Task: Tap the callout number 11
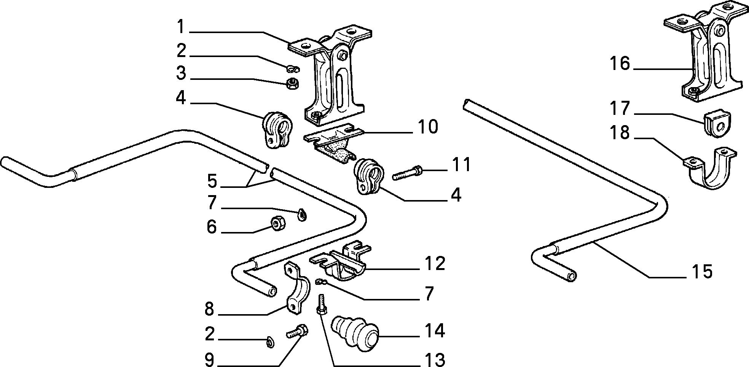coord(462,165)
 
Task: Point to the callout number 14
coord(434,330)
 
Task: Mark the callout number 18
coord(620,133)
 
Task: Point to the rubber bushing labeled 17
coord(718,122)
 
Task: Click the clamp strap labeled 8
coord(294,289)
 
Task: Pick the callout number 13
coord(434,359)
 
